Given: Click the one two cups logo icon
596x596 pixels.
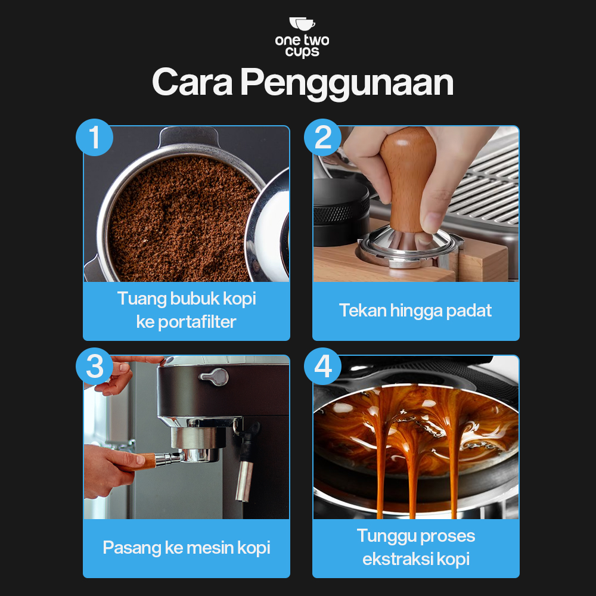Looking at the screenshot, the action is [x=302, y=24].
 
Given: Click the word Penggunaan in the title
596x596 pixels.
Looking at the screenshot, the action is [x=347, y=83].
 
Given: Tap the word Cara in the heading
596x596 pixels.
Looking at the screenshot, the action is [x=192, y=82].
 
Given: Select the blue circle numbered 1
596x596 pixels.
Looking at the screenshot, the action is [x=94, y=137].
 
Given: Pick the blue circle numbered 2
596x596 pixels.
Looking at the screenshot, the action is [x=322, y=137].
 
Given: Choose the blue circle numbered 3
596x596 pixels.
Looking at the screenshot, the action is [x=94, y=366].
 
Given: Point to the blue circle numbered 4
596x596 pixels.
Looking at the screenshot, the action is [x=322, y=366].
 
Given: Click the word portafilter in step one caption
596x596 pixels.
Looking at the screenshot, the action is [x=197, y=322].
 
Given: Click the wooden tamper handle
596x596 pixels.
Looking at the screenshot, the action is [x=408, y=179].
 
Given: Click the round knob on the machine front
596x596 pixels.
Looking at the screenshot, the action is [x=215, y=376].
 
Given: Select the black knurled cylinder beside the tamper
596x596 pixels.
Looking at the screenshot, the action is [x=340, y=212].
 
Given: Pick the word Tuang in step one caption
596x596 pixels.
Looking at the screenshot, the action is [x=141, y=299].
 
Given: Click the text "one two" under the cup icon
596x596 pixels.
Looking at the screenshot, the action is [x=302, y=40].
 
